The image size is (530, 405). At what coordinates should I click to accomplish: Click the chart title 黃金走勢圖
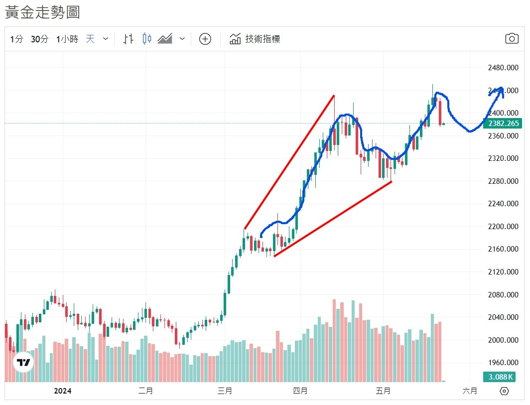pos(43,12)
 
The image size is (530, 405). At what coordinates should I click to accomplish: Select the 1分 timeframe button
pos(16,39)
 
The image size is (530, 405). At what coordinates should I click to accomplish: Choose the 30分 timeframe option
pos(39,39)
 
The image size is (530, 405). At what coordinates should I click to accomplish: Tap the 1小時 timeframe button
pos(67,39)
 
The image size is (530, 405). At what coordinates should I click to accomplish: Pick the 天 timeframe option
pos(90,39)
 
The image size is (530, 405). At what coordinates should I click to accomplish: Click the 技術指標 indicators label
pos(263,39)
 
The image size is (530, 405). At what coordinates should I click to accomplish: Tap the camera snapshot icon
pos(512,39)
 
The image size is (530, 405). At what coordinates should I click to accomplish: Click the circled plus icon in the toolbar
pos(205,39)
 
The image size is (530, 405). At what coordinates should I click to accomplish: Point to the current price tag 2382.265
pos(503,124)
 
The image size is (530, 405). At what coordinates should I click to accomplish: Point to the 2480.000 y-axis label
pos(502,68)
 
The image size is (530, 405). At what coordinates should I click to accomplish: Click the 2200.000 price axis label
pos(502,227)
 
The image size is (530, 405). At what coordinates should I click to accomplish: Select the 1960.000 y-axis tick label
pos(502,363)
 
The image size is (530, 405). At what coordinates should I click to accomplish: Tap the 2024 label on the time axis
pos(63,391)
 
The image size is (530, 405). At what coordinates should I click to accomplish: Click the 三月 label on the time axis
pos(225,391)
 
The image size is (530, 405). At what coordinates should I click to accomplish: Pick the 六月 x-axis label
pos(470,391)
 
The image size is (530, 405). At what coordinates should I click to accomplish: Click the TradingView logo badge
pos(23,363)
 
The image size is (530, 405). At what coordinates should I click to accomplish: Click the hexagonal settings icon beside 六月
pos(504,391)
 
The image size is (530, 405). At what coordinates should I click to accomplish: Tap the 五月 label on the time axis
pos(383,391)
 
